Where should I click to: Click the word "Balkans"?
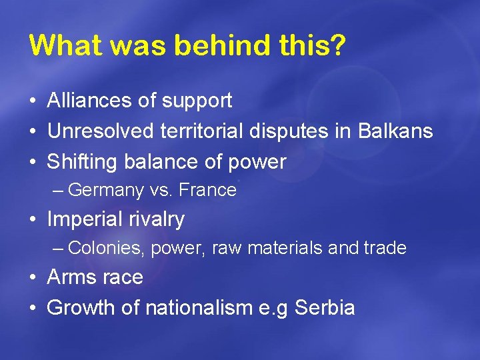pyautogui.click(x=395, y=131)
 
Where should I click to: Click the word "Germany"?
pyautogui.click(x=106, y=191)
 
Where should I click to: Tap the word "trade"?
pyautogui.click(x=385, y=249)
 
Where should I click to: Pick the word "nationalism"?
pyautogui.click(x=197, y=307)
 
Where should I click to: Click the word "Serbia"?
pyautogui.click(x=325, y=307)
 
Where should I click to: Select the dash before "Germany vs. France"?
pyautogui.click(x=58, y=191)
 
